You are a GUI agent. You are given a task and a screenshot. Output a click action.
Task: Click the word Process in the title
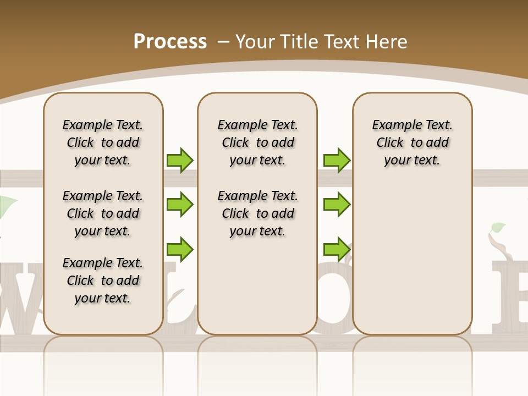pyautogui.click(x=170, y=42)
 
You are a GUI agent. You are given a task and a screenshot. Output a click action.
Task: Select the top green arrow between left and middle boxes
pyautogui.click(x=180, y=160)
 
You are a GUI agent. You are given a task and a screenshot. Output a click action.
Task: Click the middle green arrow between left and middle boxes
pyautogui.click(x=180, y=205)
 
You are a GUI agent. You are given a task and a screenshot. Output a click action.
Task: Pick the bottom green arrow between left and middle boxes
pyautogui.click(x=180, y=249)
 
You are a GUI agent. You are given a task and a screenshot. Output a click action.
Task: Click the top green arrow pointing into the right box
pyautogui.click(x=337, y=160)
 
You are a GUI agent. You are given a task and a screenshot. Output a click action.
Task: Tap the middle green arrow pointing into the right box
pyautogui.click(x=337, y=205)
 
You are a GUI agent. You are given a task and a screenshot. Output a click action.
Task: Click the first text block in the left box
pyautogui.click(x=103, y=142)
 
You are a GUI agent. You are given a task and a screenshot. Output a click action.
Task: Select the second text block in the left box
pyautogui.click(x=103, y=213)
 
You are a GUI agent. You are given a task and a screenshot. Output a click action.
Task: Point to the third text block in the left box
pyautogui.click(x=103, y=280)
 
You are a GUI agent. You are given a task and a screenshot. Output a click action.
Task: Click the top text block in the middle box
pyautogui.click(x=257, y=142)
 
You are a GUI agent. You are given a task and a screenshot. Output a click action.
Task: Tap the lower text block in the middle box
pyautogui.click(x=257, y=213)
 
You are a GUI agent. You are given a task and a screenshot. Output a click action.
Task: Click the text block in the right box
pyautogui.click(x=412, y=142)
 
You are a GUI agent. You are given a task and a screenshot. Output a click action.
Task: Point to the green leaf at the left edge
pyautogui.click(x=7, y=206)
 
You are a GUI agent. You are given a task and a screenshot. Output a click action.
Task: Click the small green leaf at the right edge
pyautogui.click(x=498, y=227)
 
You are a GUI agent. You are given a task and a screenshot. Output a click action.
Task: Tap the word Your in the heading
pyautogui.click(x=255, y=42)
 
